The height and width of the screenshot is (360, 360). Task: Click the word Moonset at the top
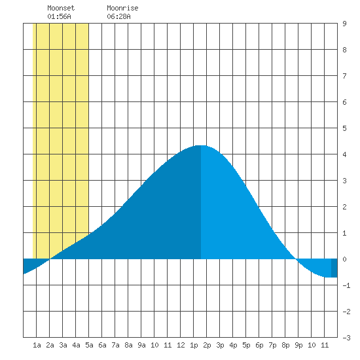[x=61, y=8]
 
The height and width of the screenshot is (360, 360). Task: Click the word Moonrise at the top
[x=122, y=8]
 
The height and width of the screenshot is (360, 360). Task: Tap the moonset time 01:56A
[x=59, y=16]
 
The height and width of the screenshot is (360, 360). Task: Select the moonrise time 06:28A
[x=118, y=16]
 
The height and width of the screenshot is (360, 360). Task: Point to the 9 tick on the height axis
[x=344, y=24]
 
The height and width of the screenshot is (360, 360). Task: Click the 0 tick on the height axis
[x=344, y=259]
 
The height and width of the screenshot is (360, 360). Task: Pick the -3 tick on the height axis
[x=346, y=338]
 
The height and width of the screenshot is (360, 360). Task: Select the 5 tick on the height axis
[x=344, y=128]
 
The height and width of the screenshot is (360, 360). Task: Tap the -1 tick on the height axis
[x=346, y=285]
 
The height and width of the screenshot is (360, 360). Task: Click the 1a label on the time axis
[x=37, y=345]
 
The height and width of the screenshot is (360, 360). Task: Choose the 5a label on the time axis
[x=89, y=345]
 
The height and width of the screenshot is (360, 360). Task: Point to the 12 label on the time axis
[x=181, y=345]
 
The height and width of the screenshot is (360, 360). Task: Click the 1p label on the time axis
[x=194, y=345]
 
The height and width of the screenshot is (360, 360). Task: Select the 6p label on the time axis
[x=259, y=345]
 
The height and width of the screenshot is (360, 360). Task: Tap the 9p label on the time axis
[x=298, y=345]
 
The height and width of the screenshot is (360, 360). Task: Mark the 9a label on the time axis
[x=141, y=345]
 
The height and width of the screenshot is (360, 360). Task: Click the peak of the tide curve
[x=201, y=145]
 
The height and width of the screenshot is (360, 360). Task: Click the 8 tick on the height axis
[x=344, y=50]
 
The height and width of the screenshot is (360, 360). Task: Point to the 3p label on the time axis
[x=220, y=345]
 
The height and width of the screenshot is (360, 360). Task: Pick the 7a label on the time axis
[x=115, y=345]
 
